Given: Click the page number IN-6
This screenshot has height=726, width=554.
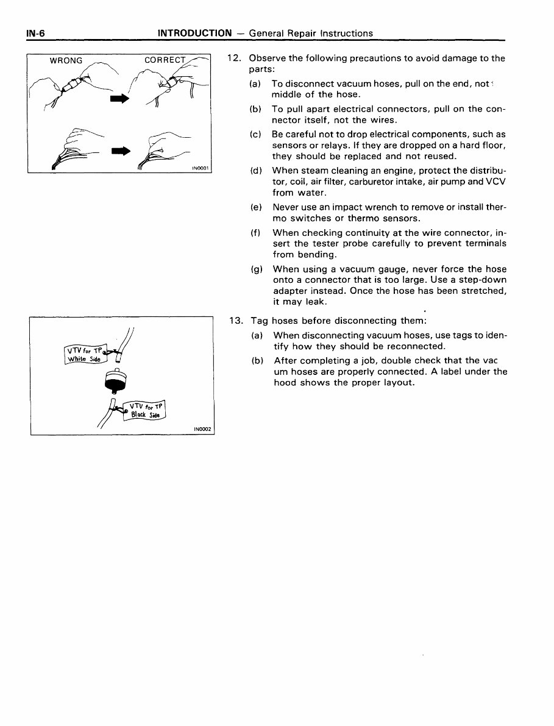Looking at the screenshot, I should point(36,33).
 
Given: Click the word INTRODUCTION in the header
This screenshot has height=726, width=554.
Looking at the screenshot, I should point(194,33).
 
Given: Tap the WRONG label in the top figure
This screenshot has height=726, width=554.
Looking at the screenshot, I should point(66,60).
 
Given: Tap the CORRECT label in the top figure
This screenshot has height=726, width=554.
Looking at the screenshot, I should point(165,60).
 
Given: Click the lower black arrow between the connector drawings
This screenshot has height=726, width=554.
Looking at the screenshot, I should point(120,150).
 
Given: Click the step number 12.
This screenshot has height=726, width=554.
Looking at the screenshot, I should point(234,59).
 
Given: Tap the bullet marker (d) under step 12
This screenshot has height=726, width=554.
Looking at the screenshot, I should point(256,171).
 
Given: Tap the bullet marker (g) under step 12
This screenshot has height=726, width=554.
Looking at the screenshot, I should point(257,269).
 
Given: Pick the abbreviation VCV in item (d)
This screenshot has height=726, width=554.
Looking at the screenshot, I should point(496,181).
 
